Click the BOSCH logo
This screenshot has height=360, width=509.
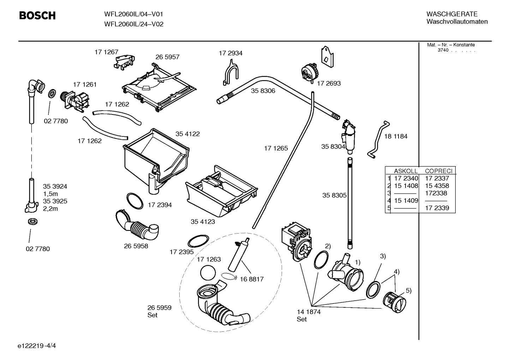pos(37,16)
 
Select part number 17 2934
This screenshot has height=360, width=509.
pos(230,53)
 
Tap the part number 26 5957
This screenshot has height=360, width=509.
pos(167,57)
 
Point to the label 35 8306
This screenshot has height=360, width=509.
pos(263,91)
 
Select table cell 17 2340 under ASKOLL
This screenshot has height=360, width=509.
pos(406,178)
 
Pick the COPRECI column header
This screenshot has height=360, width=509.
pos(438,171)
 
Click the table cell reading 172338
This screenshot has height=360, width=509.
pos(436,193)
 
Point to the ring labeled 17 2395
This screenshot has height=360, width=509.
pos(198,242)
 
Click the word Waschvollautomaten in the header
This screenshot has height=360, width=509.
pos(457,22)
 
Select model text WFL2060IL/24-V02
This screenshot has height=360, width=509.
pos(133,24)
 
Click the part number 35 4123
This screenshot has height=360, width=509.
pos(203,222)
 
